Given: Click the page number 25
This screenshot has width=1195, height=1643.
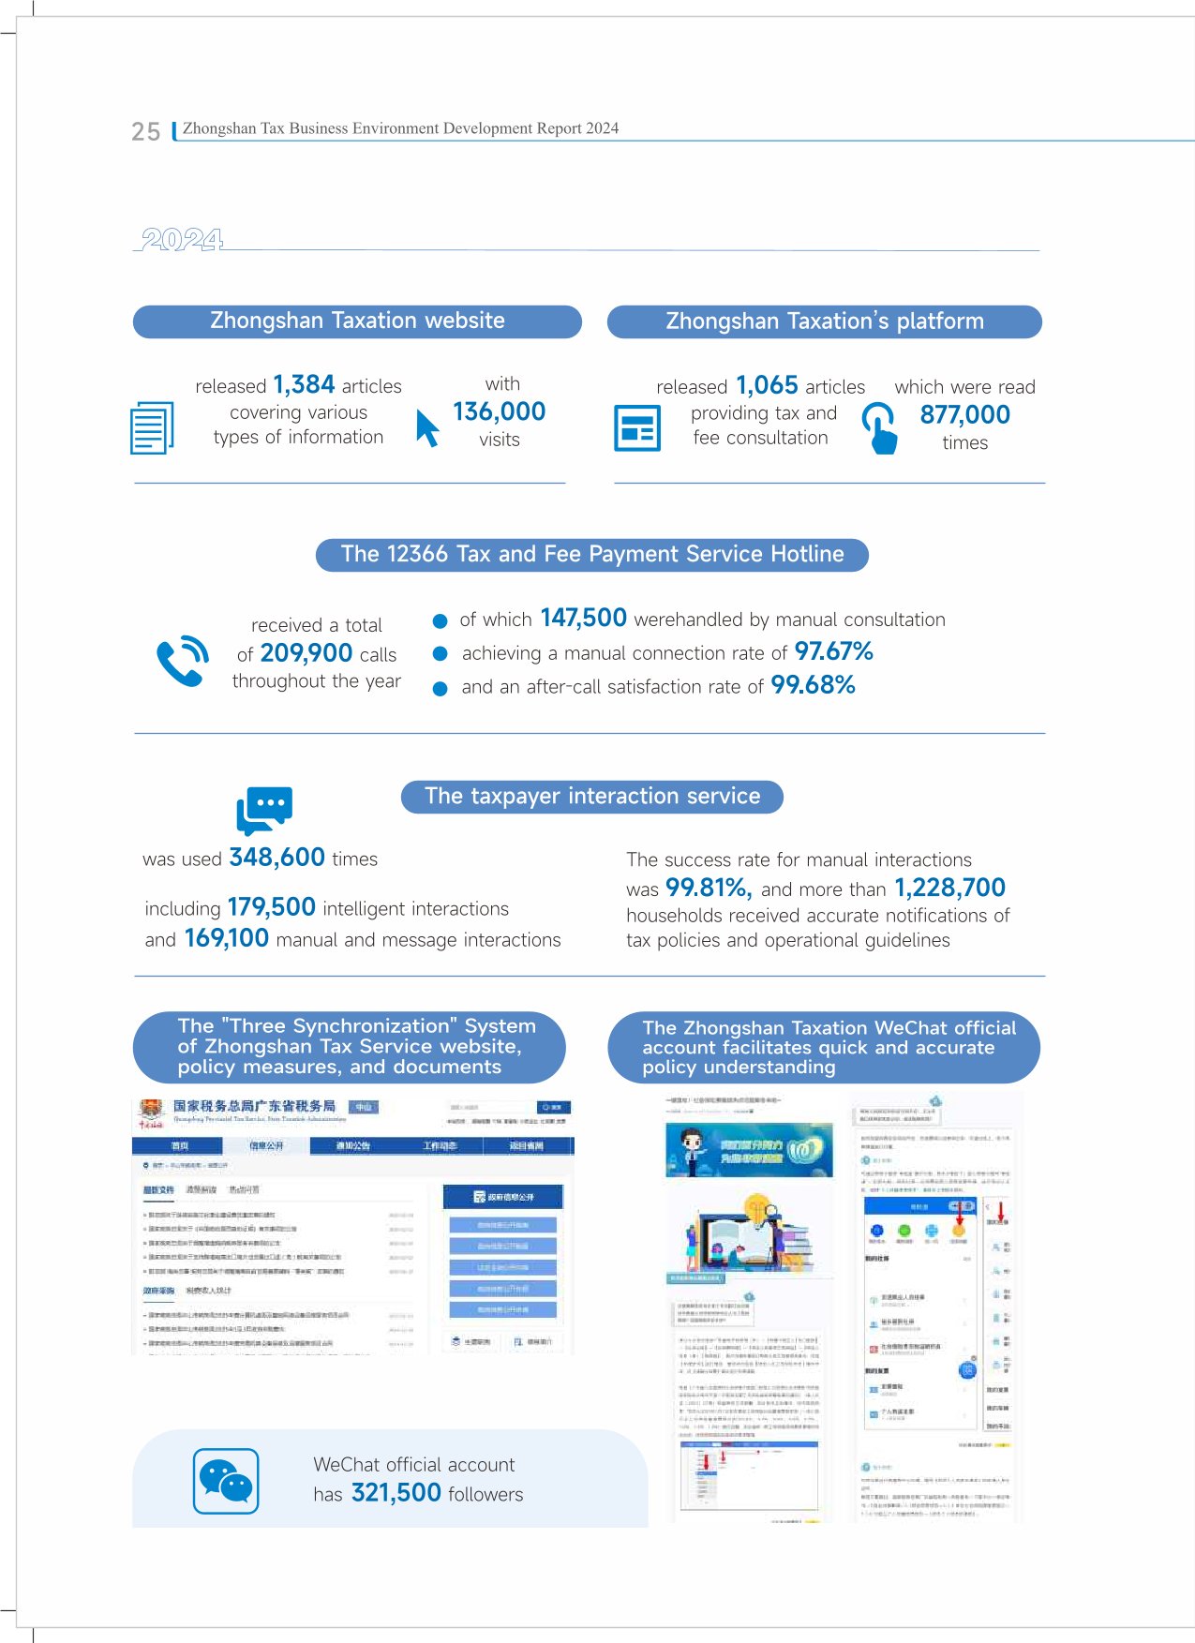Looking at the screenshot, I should click(x=145, y=131).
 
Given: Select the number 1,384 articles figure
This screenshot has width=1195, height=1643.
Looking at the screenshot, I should click(x=304, y=384).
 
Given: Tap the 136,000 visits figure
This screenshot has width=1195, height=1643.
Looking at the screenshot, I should click(x=499, y=411).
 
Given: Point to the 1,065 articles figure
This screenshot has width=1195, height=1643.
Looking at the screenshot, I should click(x=767, y=385).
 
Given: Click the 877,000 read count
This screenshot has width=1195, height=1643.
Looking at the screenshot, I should click(x=964, y=414).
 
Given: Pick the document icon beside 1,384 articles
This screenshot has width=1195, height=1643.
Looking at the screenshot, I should click(x=152, y=427).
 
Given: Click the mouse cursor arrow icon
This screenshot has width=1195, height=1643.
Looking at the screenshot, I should click(x=427, y=427).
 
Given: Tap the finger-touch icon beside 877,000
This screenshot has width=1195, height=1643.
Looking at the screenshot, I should click(x=879, y=428).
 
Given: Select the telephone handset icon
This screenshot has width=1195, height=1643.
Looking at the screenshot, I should click(x=182, y=661).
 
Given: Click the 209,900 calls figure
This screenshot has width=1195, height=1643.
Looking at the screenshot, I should click(x=306, y=653).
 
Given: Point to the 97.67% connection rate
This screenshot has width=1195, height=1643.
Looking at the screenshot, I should click(x=833, y=651).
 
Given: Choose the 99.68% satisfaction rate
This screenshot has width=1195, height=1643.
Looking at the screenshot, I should click(x=813, y=685).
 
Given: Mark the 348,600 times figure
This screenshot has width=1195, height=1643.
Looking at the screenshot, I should click(x=276, y=858).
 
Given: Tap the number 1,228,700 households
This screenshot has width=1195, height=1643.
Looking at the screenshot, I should click(x=949, y=888).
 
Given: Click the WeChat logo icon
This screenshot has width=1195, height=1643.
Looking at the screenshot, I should click(x=226, y=1481).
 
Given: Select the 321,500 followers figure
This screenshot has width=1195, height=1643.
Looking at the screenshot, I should click(x=396, y=1493).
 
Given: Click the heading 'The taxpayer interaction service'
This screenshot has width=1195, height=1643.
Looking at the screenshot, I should click(x=591, y=797).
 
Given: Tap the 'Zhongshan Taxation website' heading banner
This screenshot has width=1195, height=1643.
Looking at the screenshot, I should click(x=357, y=321).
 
